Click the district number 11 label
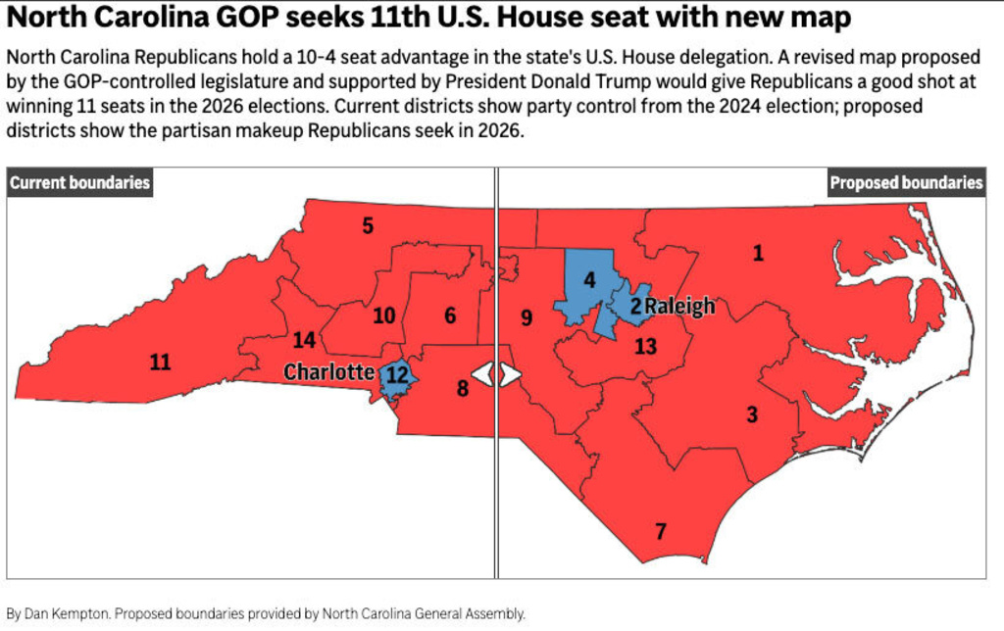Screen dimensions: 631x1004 [160, 363]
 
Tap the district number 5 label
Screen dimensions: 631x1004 [368, 226]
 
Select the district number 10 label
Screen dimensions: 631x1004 [383, 315]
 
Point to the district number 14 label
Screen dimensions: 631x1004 [304, 340]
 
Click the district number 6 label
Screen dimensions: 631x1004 [450, 315]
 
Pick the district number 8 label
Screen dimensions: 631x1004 [463, 388]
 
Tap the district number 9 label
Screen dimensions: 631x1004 [527, 317]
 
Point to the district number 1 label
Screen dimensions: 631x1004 [758, 254]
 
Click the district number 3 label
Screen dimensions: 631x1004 [752, 414]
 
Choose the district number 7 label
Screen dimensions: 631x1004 [661, 532]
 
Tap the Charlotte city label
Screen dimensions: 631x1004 [328, 372]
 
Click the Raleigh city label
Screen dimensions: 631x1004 [678, 307]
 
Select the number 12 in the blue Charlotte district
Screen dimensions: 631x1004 [397, 374]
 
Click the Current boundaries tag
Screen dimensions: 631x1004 [79, 182]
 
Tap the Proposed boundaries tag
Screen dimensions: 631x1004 [906, 182]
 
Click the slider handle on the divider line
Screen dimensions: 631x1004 [496, 374]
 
